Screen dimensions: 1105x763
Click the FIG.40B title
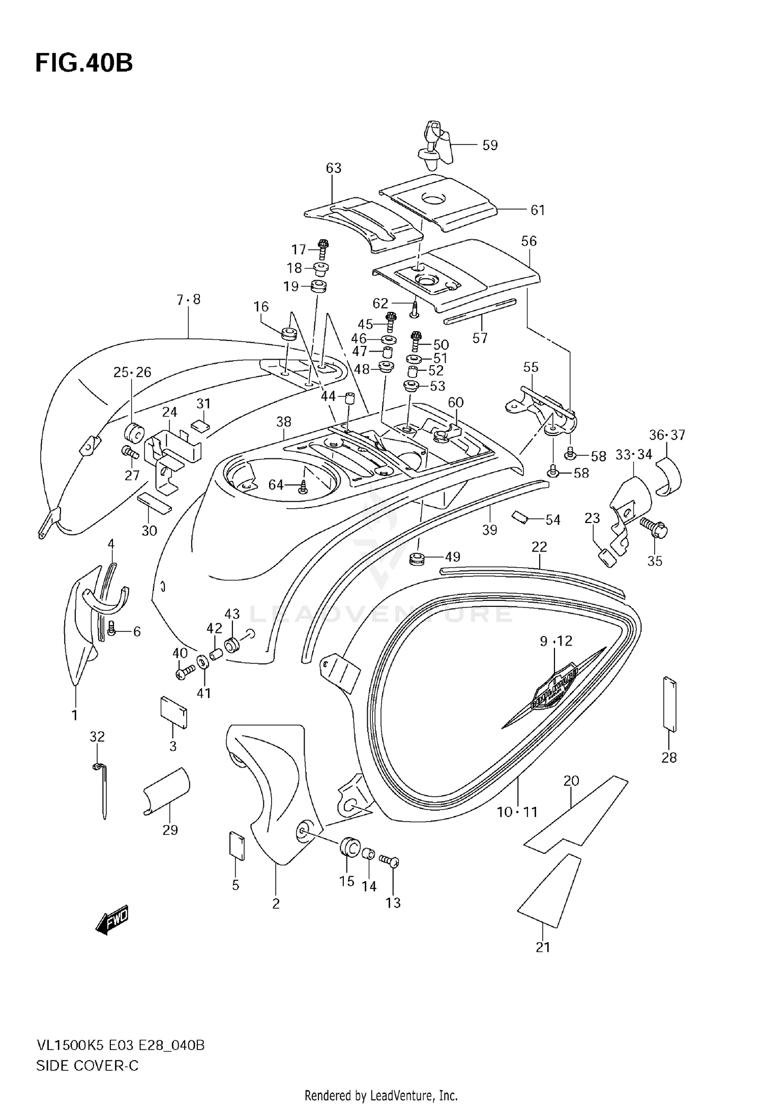click(84, 64)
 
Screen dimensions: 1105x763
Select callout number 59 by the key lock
click(489, 146)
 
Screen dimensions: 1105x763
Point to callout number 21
click(543, 947)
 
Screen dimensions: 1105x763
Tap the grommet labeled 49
click(417, 558)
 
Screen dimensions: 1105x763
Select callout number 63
click(334, 168)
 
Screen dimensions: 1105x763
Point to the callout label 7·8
click(189, 300)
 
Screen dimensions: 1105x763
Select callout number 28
click(669, 758)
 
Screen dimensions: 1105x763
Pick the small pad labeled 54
click(520, 516)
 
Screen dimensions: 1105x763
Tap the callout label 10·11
click(517, 812)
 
